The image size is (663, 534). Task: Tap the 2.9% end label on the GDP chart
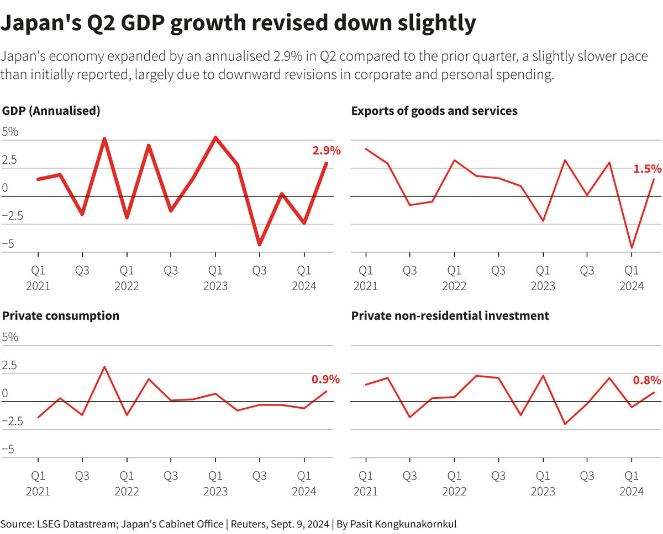click(x=327, y=151)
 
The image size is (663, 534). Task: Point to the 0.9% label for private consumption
click(x=325, y=379)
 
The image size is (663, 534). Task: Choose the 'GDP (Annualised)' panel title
click(x=51, y=111)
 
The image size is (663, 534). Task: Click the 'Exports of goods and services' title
click(x=434, y=111)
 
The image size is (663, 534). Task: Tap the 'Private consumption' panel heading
click(x=61, y=316)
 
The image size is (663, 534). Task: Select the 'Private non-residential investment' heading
click(x=450, y=316)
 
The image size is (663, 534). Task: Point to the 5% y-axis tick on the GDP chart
click(x=10, y=132)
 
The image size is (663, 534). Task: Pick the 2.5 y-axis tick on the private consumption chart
click(x=10, y=365)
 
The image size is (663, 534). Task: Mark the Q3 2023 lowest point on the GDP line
click(x=259, y=244)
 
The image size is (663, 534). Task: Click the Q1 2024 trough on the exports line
click(x=632, y=248)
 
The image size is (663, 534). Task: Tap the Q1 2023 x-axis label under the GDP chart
click(x=215, y=279)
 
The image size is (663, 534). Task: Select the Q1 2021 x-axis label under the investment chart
click(x=365, y=483)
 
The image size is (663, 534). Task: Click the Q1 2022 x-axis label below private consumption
click(x=127, y=483)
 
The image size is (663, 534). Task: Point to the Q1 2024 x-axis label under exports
click(x=632, y=279)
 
